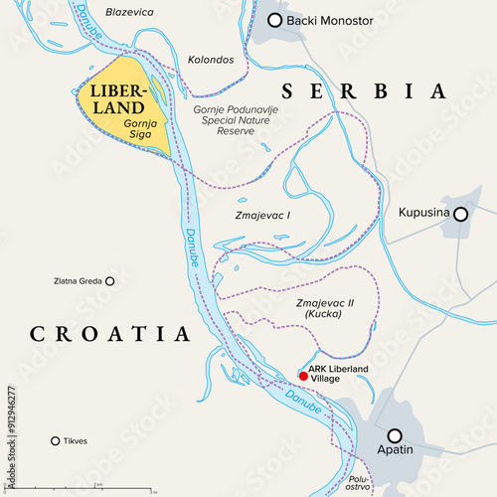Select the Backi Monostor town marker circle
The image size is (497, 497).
coord(275,20)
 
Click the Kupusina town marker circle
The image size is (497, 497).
coord(460,214)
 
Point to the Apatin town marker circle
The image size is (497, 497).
coord(395,435)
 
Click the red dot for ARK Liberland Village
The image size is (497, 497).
coord(303,376)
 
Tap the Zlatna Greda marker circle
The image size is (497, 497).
coord(109,281)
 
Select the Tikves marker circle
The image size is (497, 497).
coord(55,440)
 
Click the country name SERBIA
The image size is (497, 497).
coord(364,91)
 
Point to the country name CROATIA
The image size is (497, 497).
coord(109,333)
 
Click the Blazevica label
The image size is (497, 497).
coord(129,12)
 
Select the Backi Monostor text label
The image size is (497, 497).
coord(332,20)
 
